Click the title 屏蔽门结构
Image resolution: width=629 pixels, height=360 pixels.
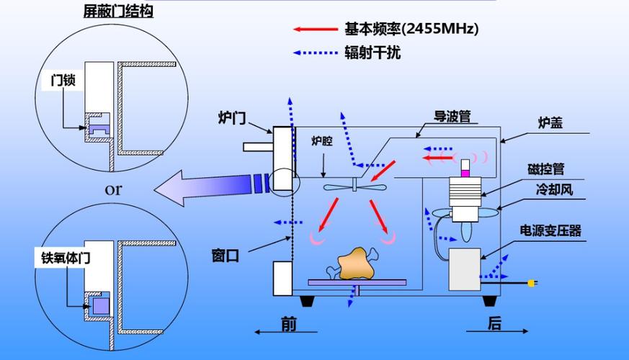point(118,11)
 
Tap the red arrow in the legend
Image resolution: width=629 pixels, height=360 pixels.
point(316,30)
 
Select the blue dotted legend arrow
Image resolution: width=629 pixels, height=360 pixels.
point(316,53)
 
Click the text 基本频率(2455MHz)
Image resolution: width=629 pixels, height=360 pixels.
point(411,29)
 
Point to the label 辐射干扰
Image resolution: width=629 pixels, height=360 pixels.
point(373,53)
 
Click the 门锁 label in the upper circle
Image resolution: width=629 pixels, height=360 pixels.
point(63,80)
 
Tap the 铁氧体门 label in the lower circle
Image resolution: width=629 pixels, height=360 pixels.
point(66,258)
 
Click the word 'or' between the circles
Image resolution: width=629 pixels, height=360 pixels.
point(113,189)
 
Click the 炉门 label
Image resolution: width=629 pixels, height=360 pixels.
point(232,118)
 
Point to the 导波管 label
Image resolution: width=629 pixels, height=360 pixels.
point(452,116)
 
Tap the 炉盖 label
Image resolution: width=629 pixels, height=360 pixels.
point(550,122)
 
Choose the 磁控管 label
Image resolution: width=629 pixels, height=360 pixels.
point(546,169)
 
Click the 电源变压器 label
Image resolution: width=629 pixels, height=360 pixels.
point(550,230)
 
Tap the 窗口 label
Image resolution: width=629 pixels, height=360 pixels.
point(226,256)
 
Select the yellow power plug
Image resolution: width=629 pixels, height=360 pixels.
point(532,283)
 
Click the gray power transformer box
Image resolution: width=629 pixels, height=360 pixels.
point(465,269)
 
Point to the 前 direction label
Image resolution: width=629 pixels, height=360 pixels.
point(289,323)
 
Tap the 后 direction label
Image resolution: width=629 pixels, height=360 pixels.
point(494,323)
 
